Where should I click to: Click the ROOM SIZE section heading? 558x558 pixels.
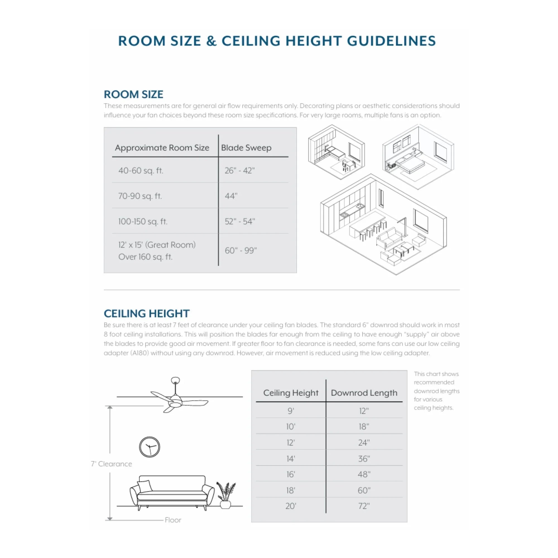point(133,95)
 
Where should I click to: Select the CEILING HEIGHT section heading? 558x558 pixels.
point(146,313)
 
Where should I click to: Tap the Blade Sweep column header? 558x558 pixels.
point(246,148)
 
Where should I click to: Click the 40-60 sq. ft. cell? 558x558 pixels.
point(141,170)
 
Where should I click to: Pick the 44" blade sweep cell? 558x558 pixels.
point(231,196)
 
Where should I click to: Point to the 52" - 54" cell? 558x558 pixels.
point(240,221)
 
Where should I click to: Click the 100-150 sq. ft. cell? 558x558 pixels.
point(143,221)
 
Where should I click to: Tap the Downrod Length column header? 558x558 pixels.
point(364,393)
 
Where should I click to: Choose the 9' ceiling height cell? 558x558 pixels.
point(290,411)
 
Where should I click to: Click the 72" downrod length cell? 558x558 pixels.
point(364,506)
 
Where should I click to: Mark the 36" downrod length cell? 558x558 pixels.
point(364,459)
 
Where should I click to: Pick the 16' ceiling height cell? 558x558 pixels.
point(290,474)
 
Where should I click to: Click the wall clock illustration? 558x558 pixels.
point(149,447)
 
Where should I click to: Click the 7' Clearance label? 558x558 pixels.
point(112,464)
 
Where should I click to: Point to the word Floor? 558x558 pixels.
point(173,520)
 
